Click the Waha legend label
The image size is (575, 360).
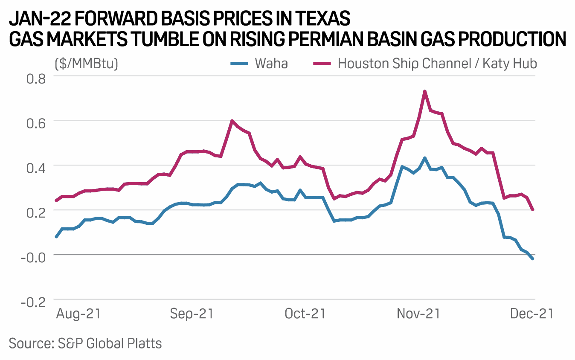tap(271, 64)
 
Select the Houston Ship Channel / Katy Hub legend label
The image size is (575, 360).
tap(437, 64)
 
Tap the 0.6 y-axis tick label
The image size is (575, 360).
tap(36, 121)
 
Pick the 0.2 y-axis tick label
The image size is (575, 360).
tap(36, 211)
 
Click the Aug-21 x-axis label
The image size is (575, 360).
tap(78, 314)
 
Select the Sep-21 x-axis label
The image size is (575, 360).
tap(192, 314)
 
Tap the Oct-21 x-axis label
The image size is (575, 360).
tap(305, 314)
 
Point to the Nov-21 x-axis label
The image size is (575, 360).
tap(418, 314)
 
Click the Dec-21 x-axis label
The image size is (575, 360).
tap(531, 314)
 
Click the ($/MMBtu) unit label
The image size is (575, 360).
tap(87, 64)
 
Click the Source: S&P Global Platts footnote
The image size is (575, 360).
tap(85, 343)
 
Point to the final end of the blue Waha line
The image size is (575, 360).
tap(533, 258)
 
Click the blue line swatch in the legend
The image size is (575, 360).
tap(239, 64)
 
